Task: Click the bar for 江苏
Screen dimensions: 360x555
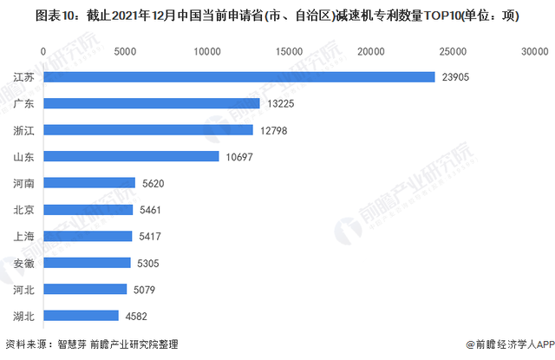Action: [x=238, y=77]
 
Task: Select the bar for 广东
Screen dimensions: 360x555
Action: [x=151, y=104]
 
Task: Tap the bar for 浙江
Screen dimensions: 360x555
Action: [x=147, y=130]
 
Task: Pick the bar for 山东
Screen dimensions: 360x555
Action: [x=130, y=157]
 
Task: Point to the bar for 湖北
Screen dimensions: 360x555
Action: [x=81, y=316]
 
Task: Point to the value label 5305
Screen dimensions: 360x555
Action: [x=149, y=263]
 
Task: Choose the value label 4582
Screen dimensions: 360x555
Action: [x=137, y=316]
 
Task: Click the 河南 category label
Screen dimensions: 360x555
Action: [x=24, y=183]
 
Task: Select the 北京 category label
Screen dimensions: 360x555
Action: [x=24, y=210]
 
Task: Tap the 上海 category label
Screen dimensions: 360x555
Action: [x=24, y=236]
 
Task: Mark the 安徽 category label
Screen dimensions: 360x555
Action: [x=24, y=263]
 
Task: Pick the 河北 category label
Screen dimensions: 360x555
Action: [x=24, y=289]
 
